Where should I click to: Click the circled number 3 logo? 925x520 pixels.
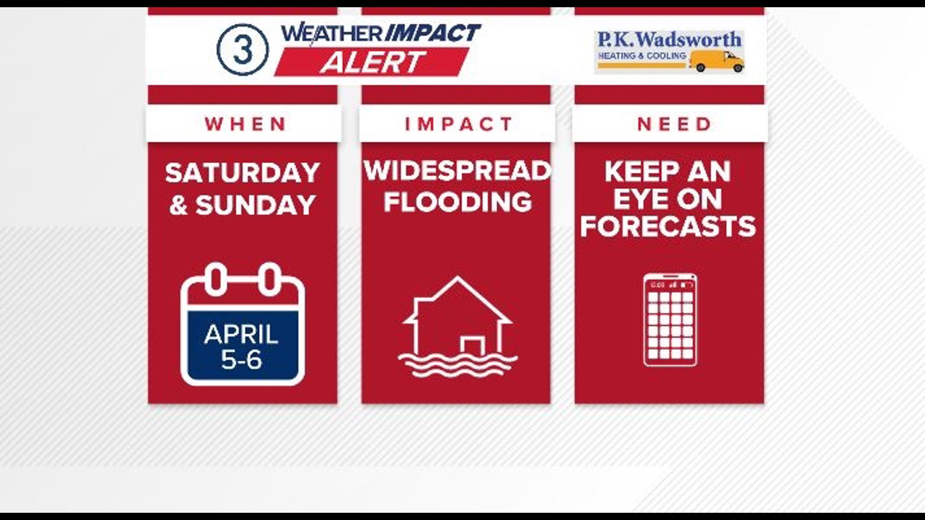[242, 50]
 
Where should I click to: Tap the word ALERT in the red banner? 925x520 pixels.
[373, 62]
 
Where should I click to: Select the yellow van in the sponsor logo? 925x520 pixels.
[716, 61]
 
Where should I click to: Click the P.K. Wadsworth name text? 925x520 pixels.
[669, 39]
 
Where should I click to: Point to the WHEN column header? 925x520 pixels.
[245, 124]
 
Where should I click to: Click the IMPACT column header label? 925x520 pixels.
[458, 124]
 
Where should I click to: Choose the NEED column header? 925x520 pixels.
[674, 124]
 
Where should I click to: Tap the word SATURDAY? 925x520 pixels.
[242, 172]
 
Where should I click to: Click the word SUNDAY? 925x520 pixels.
[255, 205]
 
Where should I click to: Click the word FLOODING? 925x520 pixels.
[458, 201]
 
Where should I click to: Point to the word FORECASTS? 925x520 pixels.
[668, 226]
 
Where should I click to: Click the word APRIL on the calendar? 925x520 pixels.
[241, 334]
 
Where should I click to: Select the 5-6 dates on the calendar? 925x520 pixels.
[241, 359]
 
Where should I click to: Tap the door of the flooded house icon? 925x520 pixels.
[472, 346]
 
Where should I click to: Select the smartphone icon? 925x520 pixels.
[670, 320]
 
